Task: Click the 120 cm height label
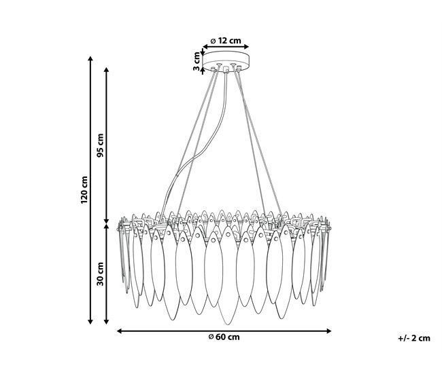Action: (84, 190)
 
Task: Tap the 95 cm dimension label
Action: (100, 145)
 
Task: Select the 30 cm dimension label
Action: (100, 274)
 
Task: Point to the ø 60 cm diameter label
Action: (224, 337)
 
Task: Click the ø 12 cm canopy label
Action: (226, 41)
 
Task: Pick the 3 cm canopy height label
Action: (197, 61)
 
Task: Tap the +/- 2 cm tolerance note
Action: (414, 338)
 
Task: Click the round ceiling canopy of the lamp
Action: (226, 61)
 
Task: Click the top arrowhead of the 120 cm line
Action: (90, 58)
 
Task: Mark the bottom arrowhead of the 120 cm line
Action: (90, 322)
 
